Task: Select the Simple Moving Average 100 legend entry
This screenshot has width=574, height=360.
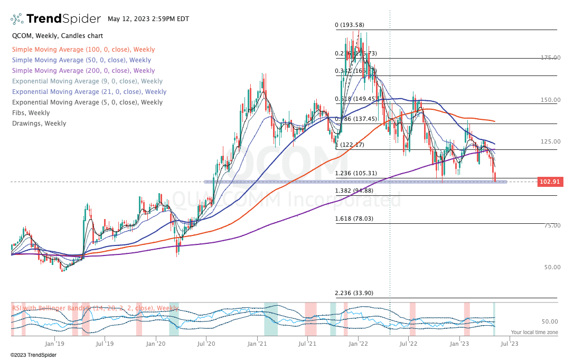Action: [83, 50]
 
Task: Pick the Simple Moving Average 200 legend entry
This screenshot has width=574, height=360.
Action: [83, 71]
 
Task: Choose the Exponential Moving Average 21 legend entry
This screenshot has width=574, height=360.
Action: [89, 92]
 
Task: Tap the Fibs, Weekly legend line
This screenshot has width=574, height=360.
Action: [31, 113]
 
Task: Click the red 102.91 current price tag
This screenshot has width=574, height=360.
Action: [549, 182]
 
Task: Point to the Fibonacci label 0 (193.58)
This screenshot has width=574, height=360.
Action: [350, 25]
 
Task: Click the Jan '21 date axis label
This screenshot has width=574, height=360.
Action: [257, 343]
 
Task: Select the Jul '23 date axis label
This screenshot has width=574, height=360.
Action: [510, 343]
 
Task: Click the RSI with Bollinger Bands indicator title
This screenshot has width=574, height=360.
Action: [96, 308]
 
